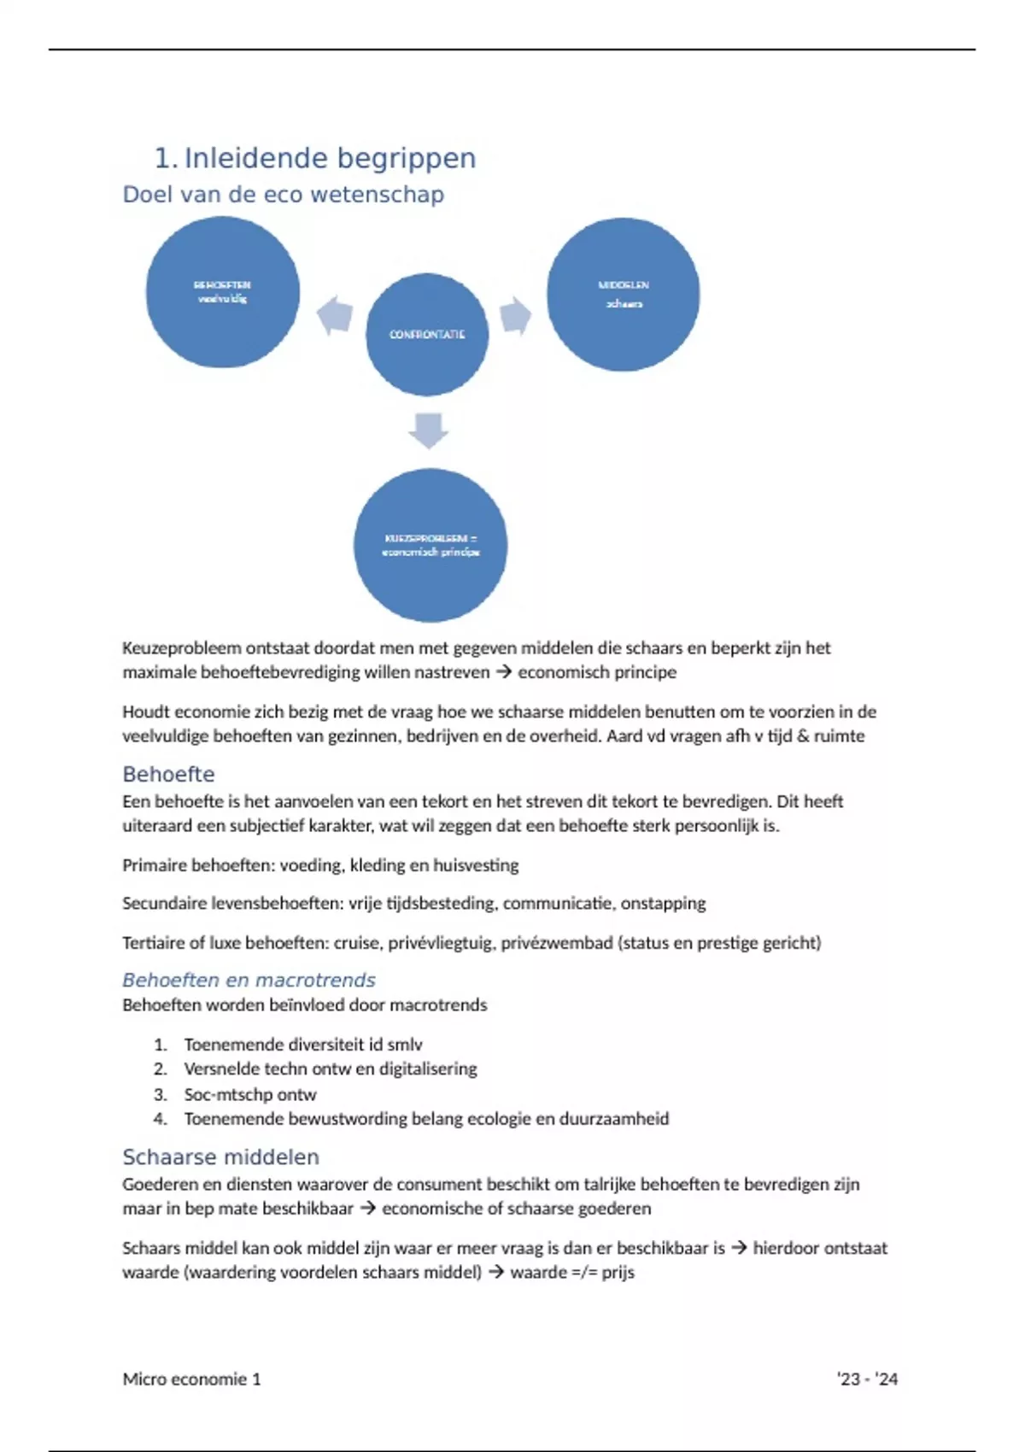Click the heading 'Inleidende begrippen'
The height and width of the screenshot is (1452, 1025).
pos(330,158)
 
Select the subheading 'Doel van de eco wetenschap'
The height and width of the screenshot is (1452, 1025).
pos(283,195)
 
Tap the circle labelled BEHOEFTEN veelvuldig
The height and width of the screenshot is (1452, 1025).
pos(222,292)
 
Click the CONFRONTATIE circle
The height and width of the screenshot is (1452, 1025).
pos(427,335)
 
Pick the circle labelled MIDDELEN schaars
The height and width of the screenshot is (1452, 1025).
pos(623,295)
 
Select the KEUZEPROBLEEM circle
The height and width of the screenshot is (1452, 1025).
pos(430,545)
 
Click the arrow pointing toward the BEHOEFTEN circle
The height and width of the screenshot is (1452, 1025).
pos(335,315)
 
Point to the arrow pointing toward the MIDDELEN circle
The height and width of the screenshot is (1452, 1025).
pos(515,315)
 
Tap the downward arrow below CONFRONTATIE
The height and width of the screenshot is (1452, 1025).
pos(428,430)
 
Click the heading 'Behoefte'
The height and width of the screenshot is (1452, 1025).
pos(168,775)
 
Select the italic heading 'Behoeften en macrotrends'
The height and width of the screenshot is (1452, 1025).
pos(249,980)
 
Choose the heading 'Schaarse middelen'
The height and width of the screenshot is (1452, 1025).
pos(220,1157)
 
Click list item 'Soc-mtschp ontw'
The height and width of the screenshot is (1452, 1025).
pos(249,1094)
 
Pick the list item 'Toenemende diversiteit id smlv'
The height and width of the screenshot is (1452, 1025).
pos(302,1045)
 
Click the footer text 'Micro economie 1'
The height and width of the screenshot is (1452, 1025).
pos(191,1379)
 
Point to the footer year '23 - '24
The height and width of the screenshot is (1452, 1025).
pos(867,1379)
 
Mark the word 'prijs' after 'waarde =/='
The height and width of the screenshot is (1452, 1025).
pos(618,1272)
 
